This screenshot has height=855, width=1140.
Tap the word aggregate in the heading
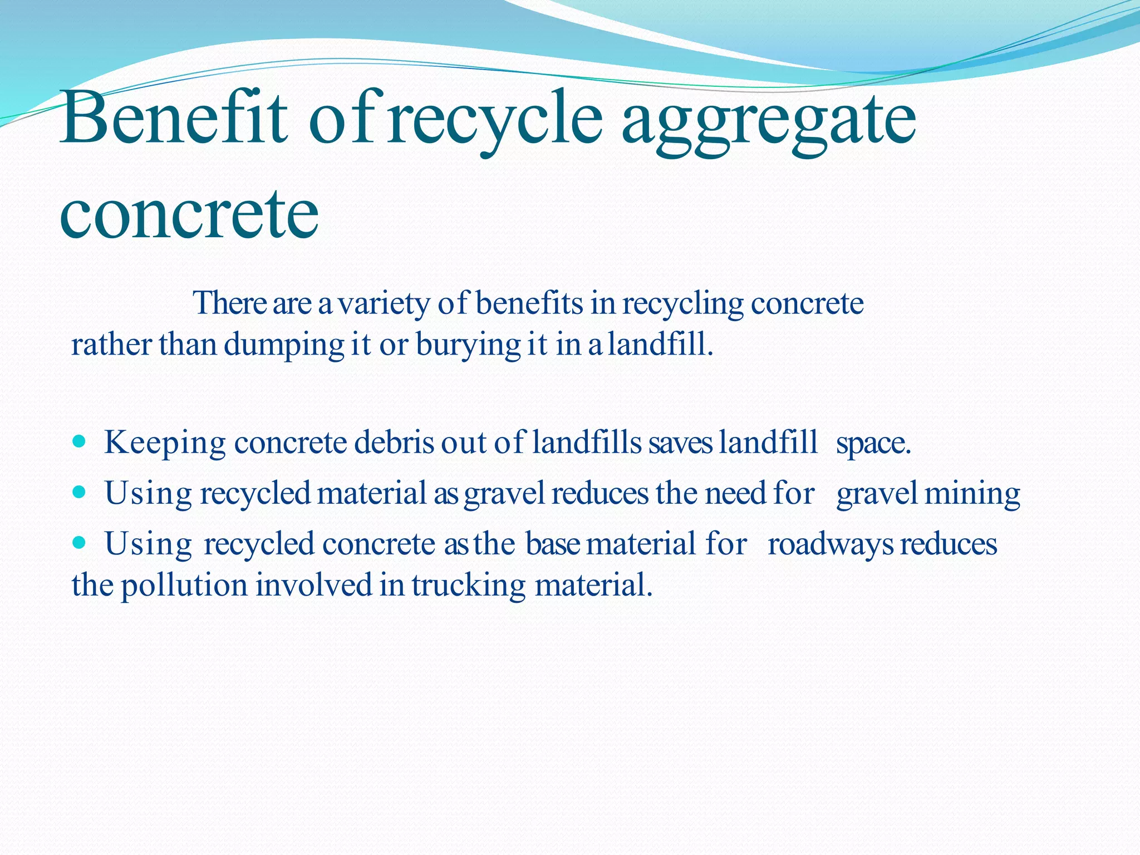point(768,122)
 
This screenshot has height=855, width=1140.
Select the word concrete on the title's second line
point(189,214)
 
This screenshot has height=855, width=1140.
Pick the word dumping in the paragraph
point(284,345)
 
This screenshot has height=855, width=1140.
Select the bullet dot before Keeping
point(80,442)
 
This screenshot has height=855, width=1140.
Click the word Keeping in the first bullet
point(165,444)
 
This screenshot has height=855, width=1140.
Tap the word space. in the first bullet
point(873,444)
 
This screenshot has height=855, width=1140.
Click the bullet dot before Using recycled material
point(80,492)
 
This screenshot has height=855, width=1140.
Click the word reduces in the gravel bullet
point(600,494)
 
